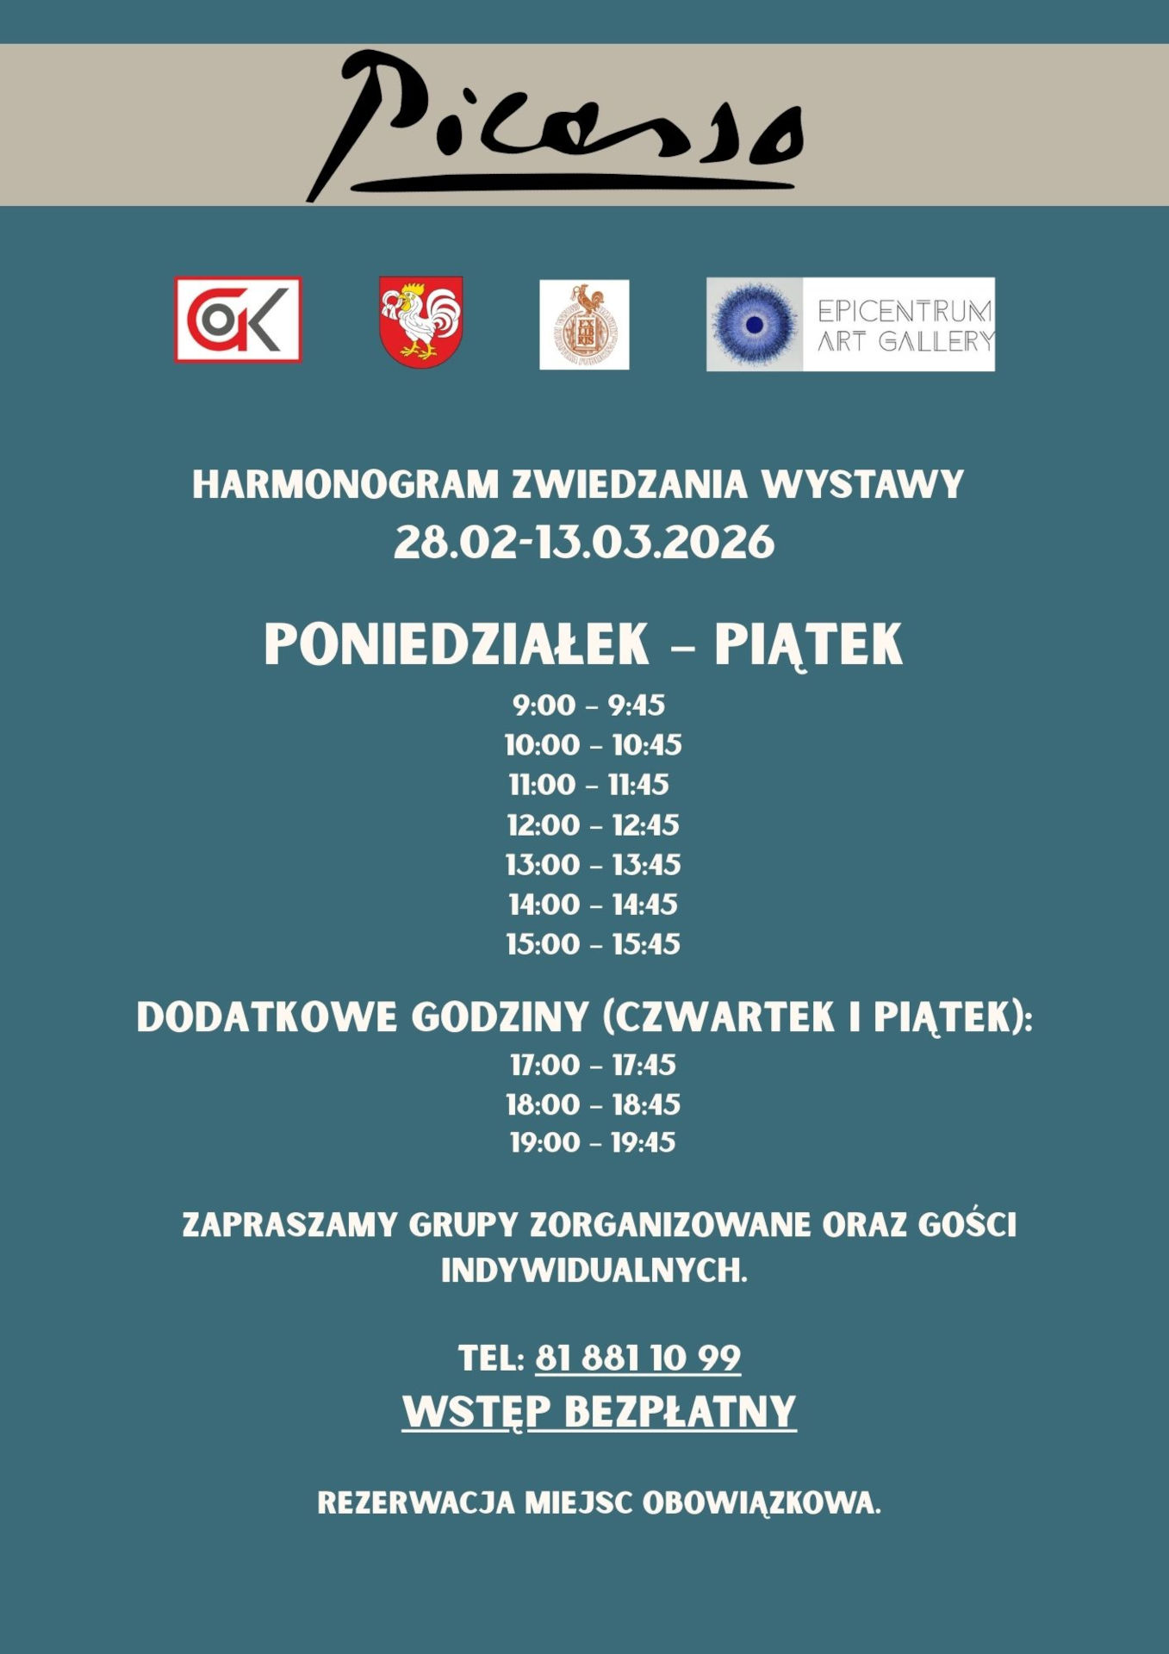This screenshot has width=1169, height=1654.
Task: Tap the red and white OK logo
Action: pyautogui.click(x=238, y=320)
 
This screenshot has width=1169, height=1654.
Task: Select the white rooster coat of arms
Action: pyautogui.click(x=420, y=321)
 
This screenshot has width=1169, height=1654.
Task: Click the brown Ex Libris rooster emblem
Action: pyautogui.click(x=584, y=325)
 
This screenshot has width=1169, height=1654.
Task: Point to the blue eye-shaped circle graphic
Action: pyautogui.click(x=755, y=325)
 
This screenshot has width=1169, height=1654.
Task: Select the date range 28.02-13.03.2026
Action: pyautogui.click(x=584, y=544)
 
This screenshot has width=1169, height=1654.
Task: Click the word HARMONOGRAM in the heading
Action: pyautogui.click(x=345, y=485)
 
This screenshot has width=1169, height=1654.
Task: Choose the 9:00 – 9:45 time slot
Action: pyautogui.click(x=589, y=706)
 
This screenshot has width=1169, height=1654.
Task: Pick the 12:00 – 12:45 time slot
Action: pyautogui.click(x=593, y=825)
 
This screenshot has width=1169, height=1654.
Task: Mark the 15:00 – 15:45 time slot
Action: pyautogui.click(x=593, y=944)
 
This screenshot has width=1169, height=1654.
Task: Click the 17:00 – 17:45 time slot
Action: pyautogui.click(x=593, y=1066)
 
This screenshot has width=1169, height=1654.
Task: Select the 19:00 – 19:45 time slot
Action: pyautogui.click(x=593, y=1143)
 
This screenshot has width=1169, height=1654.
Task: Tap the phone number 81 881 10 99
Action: pyautogui.click(x=637, y=1359)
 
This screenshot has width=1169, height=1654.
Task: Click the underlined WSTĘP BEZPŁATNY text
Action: pyautogui.click(x=599, y=1412)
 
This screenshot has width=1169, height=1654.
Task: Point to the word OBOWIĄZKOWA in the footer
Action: pyautogui.click(x=761, y=1503)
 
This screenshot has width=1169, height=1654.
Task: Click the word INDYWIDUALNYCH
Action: pyautogui.click(x=594, y=1271)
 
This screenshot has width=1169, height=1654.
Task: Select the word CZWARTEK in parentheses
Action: pyautogui.click(x=724, y=1017)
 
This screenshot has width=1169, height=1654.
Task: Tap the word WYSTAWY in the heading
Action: pyautogui.click(x=862, y=485)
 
